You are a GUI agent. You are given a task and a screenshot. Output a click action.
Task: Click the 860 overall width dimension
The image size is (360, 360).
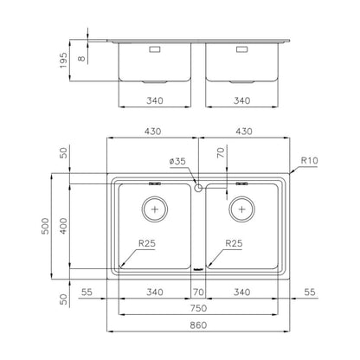pyautogui.click(x=198, y=325)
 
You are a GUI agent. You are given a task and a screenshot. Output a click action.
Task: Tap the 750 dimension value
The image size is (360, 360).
pyautogui.click(x=198, y=308)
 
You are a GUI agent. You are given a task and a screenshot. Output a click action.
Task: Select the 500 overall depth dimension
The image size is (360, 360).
pyautogui.click(x=46, y=226)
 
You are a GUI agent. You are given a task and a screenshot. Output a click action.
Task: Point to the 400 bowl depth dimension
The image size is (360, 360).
pyautogui.click(x=63, y=226)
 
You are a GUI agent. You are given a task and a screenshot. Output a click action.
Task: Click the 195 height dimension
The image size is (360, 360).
pyautogui.click(x=63, y=61)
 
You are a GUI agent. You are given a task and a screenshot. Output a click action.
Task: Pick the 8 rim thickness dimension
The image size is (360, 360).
pyautogui.click(x=82, y=58)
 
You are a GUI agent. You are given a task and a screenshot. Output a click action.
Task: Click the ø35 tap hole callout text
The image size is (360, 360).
pyautogui.click(x=177, y=161)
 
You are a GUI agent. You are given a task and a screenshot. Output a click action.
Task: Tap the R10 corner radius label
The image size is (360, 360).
pyautogui.click(x=309, y=160)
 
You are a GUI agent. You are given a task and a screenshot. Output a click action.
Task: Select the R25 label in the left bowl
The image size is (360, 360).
pyautogui.click(x=147, y=243)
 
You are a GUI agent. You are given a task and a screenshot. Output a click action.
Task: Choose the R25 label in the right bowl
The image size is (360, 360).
pyautogui.click(x=234, y=243)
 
